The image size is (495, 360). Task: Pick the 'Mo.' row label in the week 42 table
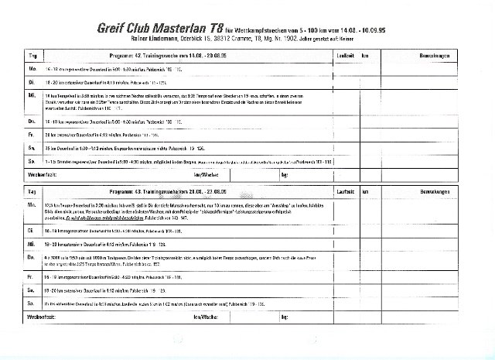pyautogui.click(x=32, y=69)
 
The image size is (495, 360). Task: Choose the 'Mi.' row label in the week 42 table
pyautogui.click(x=32, y=96)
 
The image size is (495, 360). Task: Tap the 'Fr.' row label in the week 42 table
pyautogui.click(x=32, y=133)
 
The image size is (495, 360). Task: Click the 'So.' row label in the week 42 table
pyautogui.click(x=32, y=160)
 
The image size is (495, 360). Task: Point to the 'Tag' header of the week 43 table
pyautogui.click(x=32, y=188)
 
